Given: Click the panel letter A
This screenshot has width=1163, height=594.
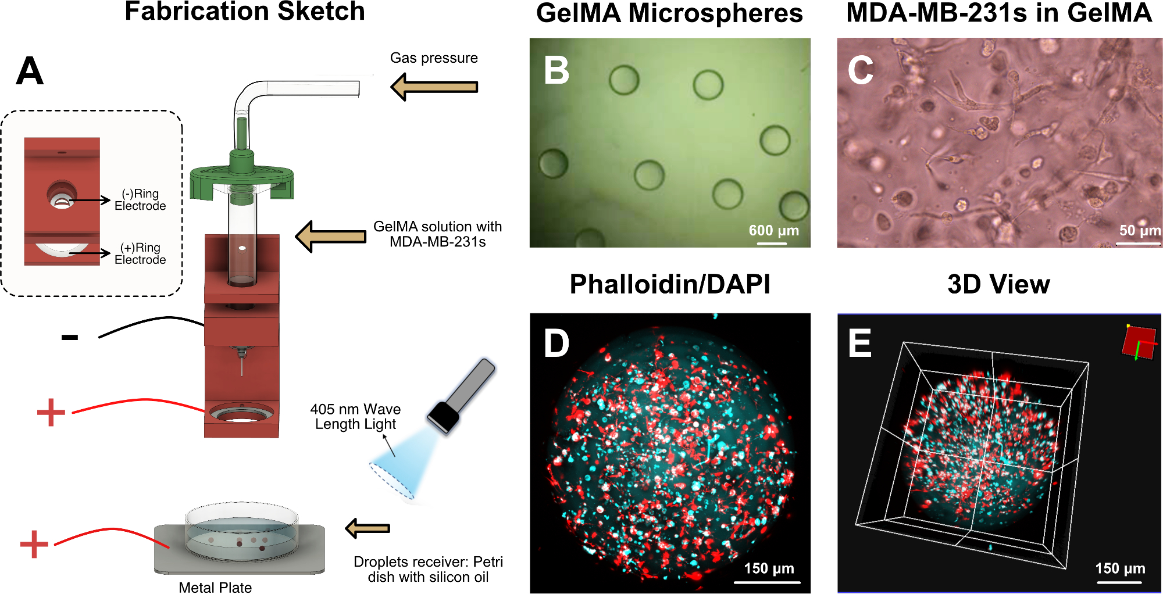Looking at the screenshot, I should (30, 72).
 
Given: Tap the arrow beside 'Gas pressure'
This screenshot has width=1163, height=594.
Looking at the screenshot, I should (434, 87).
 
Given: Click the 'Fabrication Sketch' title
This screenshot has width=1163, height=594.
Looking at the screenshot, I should (245, 12).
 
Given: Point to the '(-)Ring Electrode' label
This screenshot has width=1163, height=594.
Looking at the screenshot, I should (140, 200).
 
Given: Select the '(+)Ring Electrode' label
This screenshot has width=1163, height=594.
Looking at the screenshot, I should (140, 254).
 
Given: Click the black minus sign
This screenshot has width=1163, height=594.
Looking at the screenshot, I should (70, 337).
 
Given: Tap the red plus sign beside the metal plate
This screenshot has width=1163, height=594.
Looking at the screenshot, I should (34, 544).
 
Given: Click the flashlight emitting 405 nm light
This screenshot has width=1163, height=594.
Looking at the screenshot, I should (461, 396).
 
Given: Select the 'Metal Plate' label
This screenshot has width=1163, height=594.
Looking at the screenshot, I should (215, 587).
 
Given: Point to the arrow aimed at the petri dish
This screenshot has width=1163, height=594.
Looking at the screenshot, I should (368, 528).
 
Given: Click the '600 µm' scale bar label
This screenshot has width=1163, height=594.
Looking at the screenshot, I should (773, 231).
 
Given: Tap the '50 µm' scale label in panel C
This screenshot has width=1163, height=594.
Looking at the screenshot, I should (1140, 231).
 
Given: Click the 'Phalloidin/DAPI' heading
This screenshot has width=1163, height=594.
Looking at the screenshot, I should (670, 284).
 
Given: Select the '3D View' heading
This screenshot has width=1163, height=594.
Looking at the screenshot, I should (998, 284).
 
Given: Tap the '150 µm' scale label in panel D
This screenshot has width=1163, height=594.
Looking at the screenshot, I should (769, 568).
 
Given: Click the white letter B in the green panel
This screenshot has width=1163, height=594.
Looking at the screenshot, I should (556, 71).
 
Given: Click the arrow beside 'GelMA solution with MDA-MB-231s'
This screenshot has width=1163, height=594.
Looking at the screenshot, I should (330, 237).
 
